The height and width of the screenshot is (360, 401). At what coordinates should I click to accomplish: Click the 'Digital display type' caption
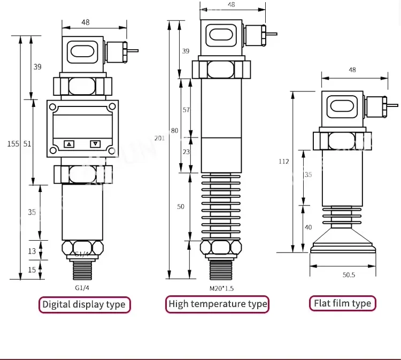pos(84,304)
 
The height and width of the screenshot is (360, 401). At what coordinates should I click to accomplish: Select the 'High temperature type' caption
pos(218,304)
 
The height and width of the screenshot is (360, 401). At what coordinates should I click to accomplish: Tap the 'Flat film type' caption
pos(342,303)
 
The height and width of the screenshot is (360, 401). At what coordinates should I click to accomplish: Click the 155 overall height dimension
pos(13,144)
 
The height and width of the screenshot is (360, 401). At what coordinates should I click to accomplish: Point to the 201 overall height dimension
pos(159,138)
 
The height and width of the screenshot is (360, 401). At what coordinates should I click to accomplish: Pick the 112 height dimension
pos(284,162)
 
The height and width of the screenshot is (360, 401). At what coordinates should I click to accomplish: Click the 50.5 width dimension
pos(349,275)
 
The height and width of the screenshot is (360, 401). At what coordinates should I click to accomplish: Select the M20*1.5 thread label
pos(221,289)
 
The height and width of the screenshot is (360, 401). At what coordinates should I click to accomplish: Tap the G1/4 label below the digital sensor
pos(82,288)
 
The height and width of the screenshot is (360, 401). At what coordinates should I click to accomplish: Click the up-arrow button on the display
pos(69,144)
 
